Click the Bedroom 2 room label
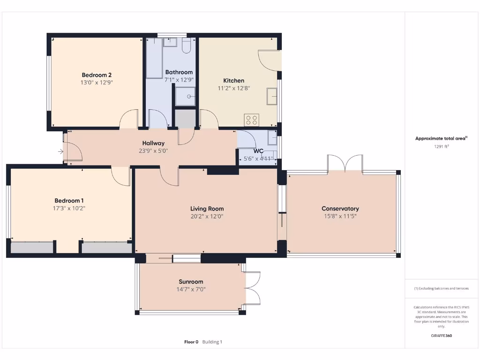[97, 75]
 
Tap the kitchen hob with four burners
[252, 120]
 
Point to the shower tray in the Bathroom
[186, 97]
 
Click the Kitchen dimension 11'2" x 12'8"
[233, 88]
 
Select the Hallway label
[153, 143]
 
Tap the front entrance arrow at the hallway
[60, 151]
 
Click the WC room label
[258, 151]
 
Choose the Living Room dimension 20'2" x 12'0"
[207, 217]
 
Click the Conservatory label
[340, 209]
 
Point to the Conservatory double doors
[345, 164]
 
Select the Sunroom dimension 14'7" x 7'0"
[191, 290]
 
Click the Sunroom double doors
[252, 288]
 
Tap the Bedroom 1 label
[69, 201]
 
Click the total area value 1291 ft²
[441, 147]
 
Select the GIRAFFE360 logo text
[441, 336]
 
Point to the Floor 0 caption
[191, 342]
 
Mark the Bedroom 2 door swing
[129, 119]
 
